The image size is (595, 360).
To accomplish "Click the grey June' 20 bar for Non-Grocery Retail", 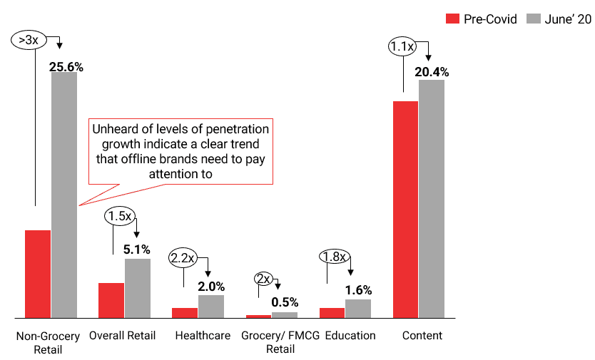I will pos(63,195).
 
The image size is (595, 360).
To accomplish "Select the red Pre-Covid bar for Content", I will pos(405,209).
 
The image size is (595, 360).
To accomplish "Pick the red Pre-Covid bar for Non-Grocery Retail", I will pos(38,274).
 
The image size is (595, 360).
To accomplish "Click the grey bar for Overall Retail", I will pos(138,288).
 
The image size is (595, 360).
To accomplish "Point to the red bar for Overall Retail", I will pos(111,300).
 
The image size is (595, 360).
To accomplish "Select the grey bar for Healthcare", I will pos(211,306).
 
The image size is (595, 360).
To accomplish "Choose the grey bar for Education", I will pos(357,308).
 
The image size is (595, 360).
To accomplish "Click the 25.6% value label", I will pos(66,67).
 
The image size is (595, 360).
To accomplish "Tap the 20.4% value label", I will pos(432,71).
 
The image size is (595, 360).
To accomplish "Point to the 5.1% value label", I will pos(137,250).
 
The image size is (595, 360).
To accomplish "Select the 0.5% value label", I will pos(285,302).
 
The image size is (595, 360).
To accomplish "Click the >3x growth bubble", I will pos(25,40).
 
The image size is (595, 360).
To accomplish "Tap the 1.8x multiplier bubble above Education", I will pos(332,256).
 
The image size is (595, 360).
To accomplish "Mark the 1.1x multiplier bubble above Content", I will pos(401,47).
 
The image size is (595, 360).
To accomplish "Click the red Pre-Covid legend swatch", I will pos(452,19).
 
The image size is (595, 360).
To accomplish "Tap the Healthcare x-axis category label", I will pos(203,335).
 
